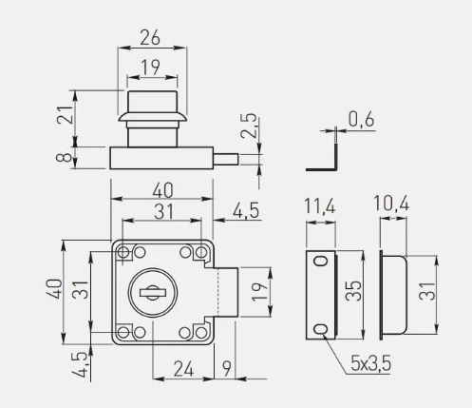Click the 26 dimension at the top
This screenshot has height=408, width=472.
[150, 37]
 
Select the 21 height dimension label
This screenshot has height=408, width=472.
[65, 114]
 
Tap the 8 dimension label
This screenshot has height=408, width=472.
[65, 158]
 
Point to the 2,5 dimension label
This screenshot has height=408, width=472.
[249, 126]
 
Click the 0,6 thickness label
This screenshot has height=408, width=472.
[362, 120]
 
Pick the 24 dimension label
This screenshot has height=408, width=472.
[184, 369]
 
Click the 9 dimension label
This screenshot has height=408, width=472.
[227, 369]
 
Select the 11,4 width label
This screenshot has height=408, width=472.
[319, 206]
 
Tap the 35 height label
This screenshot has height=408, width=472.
[353, 290]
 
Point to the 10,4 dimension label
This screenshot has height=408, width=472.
[391, 203]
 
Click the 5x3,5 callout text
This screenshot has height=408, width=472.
[370, 363]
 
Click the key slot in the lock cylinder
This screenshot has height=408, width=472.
[152, 292]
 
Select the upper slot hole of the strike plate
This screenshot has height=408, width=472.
[321, 262]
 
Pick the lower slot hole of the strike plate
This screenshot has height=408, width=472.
[321, 329]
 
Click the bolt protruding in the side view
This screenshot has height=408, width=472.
[226, 159]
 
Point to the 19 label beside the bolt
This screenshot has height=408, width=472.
[260, 292]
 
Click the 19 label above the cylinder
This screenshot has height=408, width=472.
[150, 68]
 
